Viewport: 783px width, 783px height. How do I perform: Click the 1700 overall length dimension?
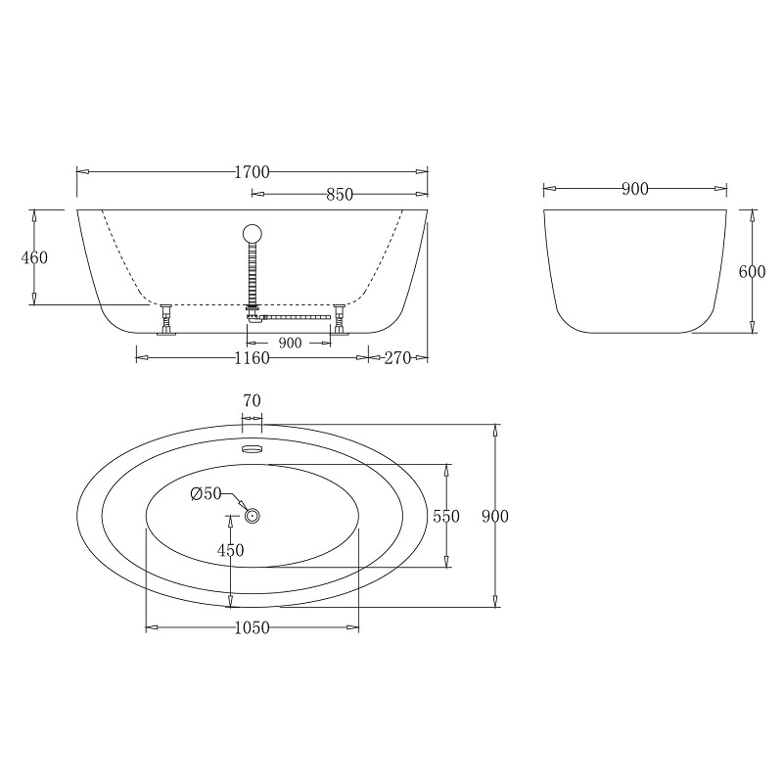[253, 172]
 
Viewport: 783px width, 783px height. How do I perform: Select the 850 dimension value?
[340, 194]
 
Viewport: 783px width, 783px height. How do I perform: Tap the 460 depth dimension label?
[34, 257]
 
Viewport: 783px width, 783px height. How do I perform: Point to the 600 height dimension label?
[752, 272]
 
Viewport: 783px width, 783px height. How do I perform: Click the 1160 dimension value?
[253, 358]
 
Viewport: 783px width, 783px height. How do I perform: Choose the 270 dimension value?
[397, 358]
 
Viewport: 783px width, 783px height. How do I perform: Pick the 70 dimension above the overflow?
[253, 400]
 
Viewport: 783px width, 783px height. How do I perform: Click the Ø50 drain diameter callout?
[206, 493]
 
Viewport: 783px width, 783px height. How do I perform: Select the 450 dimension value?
[230, 550]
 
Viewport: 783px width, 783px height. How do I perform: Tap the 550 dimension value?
[446, 516]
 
